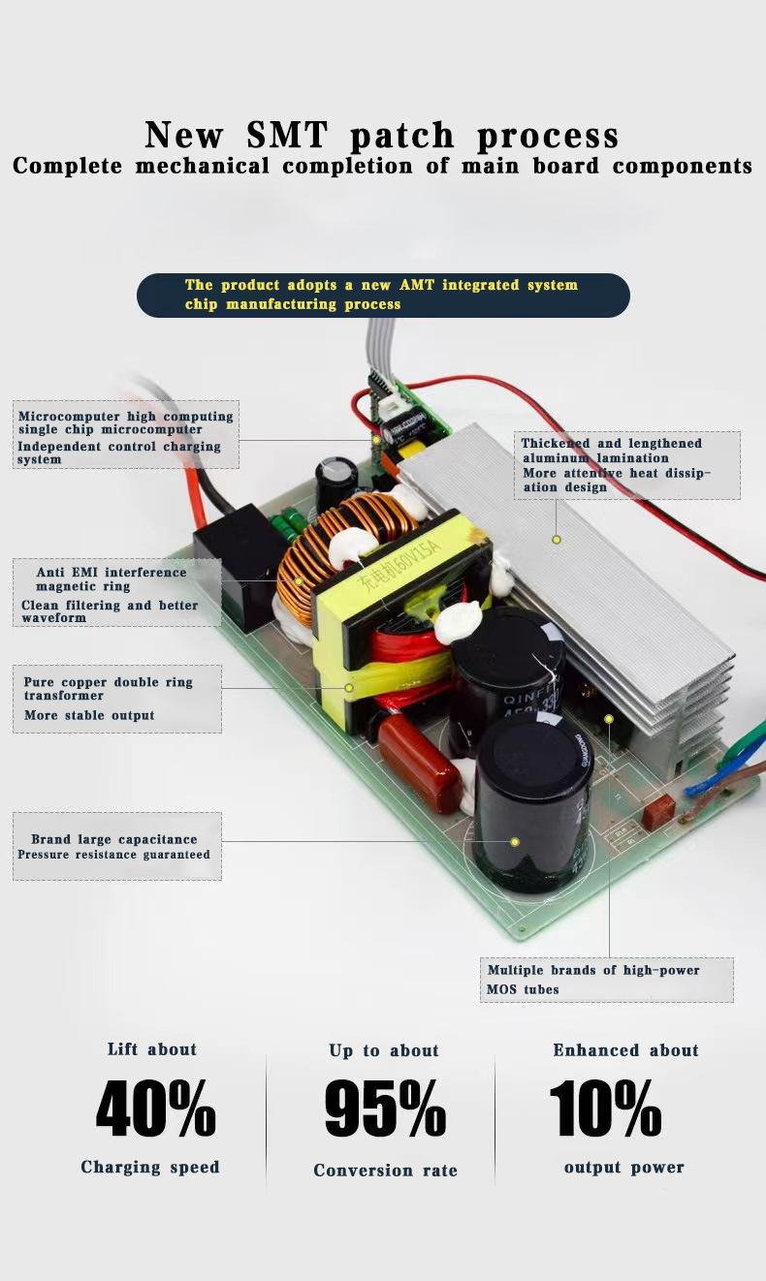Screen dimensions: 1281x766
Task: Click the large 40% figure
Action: [155, 1108]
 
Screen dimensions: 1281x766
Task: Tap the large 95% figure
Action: [385, 1109]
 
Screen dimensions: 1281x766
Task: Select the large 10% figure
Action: [606, 1108]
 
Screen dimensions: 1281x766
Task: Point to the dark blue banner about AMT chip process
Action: [383, 295]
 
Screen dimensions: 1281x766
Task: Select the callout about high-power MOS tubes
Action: [607, 980]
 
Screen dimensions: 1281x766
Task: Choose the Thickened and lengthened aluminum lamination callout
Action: [626, 465]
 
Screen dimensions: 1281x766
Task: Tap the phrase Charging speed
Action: [150, 1167]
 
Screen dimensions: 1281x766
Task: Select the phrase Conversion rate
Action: [385, 1171]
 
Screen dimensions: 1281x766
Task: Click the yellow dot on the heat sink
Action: [557, 539]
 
